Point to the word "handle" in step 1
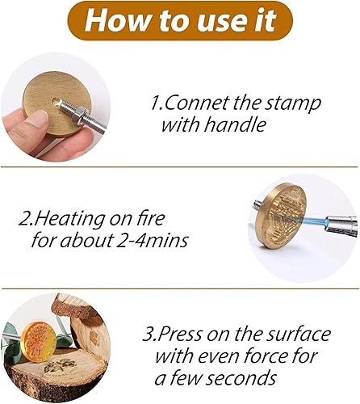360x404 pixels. coord(235,124)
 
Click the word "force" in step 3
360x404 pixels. coord(272,356)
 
